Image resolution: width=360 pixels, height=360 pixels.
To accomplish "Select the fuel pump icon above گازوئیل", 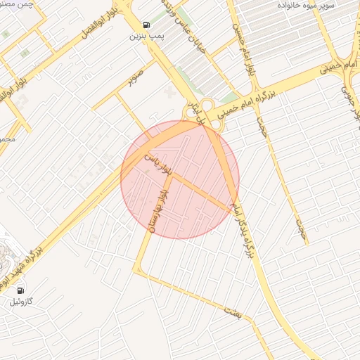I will tap(20, 290).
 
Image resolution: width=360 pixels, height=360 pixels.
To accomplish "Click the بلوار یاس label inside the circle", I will tap(157, 161).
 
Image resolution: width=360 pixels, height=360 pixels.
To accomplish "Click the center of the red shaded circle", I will tap(180, 180).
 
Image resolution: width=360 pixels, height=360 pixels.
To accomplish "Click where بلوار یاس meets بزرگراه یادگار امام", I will tap(233, 208).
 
